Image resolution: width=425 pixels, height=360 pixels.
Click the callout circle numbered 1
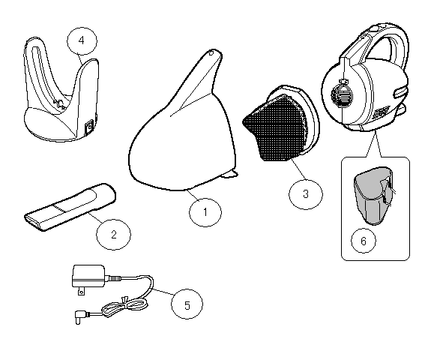[205, 212]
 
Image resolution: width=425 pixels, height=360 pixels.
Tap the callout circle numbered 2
[113, 233]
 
